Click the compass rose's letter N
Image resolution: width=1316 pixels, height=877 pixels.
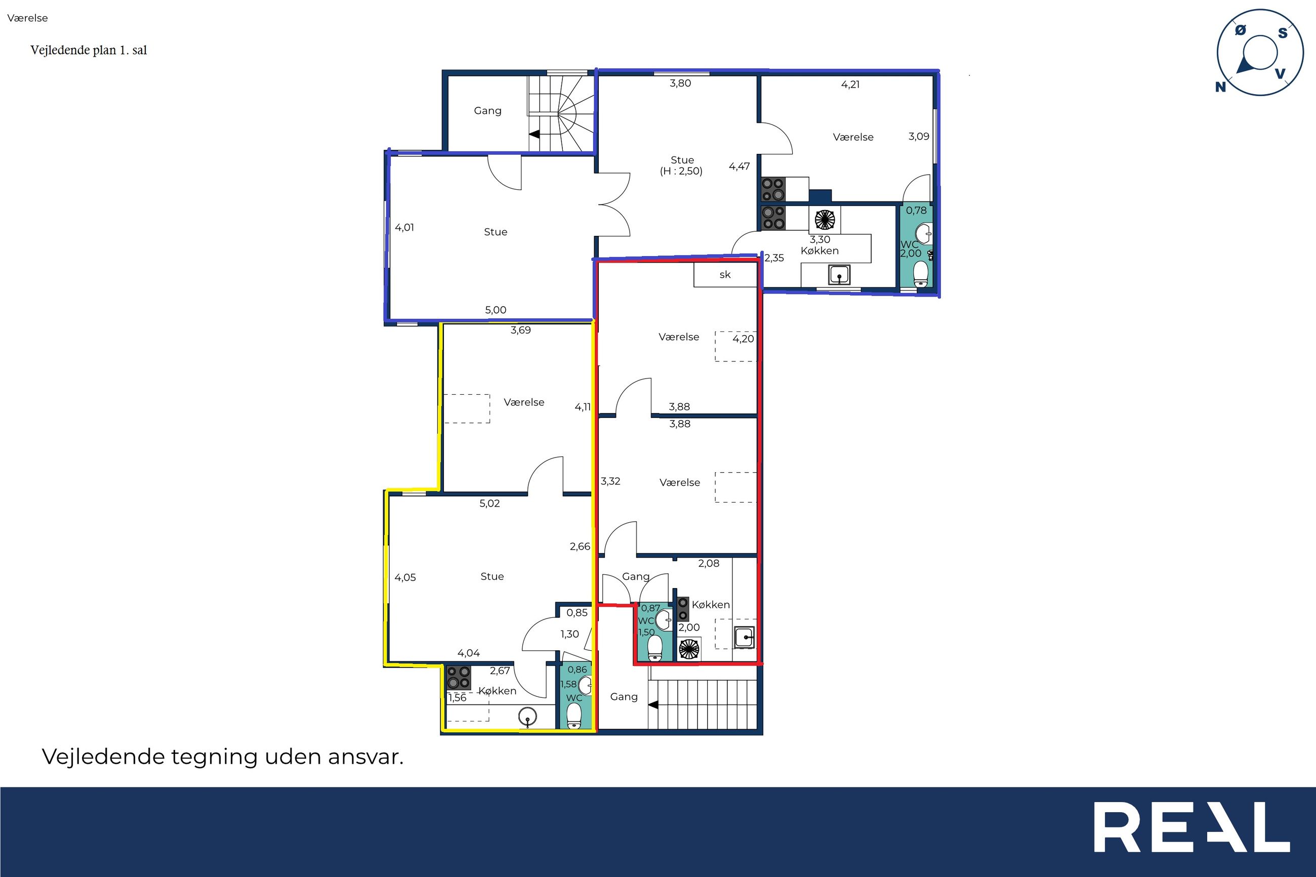[x=1220, y=87]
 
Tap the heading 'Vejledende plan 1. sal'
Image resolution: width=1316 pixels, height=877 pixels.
[x=89, y=50]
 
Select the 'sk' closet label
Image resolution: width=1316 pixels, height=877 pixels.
[x=725, y=275]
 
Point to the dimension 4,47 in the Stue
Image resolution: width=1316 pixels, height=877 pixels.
[x=739, y=166]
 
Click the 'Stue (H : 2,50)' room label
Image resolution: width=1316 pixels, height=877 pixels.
[x=682, y=165]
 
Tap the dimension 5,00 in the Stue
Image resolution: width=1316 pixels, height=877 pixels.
[x=496, y=310]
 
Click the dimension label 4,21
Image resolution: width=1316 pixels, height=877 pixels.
[x=850, y=85]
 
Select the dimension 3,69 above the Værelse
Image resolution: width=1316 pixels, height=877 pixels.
[x=520, y=330]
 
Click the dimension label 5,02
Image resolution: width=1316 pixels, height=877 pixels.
[x=489, y=504]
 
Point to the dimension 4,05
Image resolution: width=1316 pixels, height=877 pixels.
[x=405, y=578]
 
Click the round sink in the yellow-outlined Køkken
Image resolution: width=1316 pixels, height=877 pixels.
[x=527, y=716]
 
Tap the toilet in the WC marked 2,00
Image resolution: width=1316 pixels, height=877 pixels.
[x=921, y=275]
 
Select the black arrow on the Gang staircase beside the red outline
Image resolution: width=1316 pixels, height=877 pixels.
[x=652, y=705]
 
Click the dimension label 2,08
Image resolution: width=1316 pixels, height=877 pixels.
[x=709, y=563]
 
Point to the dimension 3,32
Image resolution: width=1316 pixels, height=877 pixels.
[x=610, y=481]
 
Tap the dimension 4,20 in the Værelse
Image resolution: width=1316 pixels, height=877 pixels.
[x=744, y=339]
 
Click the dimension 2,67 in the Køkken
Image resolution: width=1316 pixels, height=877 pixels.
[x=500, y=671]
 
